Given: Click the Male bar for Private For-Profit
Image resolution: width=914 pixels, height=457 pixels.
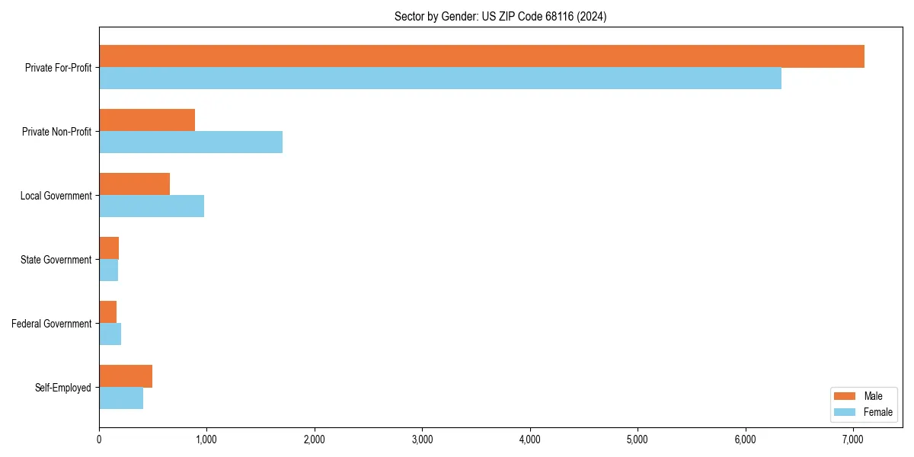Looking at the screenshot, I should click(x=481, y=56).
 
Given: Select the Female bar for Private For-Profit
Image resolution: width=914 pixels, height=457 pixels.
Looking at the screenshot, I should click(x=440, y=78).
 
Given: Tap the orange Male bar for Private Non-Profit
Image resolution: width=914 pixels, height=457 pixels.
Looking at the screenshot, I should click(x=147, y=120).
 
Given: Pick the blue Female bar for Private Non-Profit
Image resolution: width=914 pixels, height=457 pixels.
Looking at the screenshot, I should click(x=190, y=142).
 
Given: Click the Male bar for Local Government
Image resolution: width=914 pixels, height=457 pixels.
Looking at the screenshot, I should click(x=134, y=184).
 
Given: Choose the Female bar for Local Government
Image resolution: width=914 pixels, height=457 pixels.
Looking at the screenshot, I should click(x=152, y=206).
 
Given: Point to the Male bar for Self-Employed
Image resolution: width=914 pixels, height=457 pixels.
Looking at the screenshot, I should click(x=126, y=376).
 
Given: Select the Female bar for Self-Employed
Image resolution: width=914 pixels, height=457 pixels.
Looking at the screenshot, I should click(x=121, y=398).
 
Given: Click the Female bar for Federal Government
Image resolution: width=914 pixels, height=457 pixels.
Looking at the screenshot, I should click(x=110, y=334).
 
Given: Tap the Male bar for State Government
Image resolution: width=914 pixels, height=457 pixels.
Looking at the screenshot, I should click(x=109, y=248).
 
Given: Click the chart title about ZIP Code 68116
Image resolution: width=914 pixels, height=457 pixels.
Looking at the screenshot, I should click(x=500, y=16).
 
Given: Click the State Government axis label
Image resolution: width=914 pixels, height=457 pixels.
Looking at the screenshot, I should click(x=56, y=260).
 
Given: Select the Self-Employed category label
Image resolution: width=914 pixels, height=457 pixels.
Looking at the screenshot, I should click(x=62, y=388).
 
